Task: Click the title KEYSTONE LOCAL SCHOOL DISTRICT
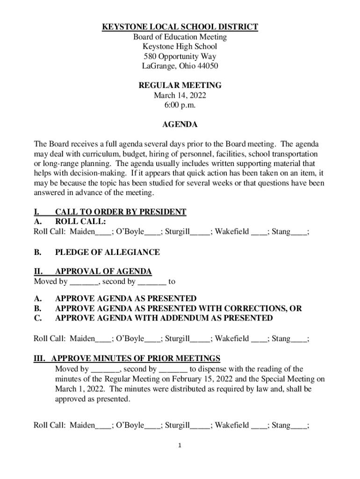pos(180,27)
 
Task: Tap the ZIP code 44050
pos(206,66)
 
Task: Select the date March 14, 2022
pos(180,95)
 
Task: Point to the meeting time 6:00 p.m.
pos(180,105)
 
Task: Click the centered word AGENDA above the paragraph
pos(180,125)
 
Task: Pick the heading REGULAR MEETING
pos(180,86)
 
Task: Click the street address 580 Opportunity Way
pos(180,57)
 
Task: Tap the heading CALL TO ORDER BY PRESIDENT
pos(121,212)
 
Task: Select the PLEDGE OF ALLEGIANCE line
pos(107,252)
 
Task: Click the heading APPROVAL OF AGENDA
pos(103,272)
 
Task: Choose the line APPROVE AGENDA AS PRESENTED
pos(126,298)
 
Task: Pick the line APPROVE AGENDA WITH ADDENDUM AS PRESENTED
pos(164,318)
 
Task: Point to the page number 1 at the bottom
pos(180,445)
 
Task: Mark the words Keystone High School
pos(180,47)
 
